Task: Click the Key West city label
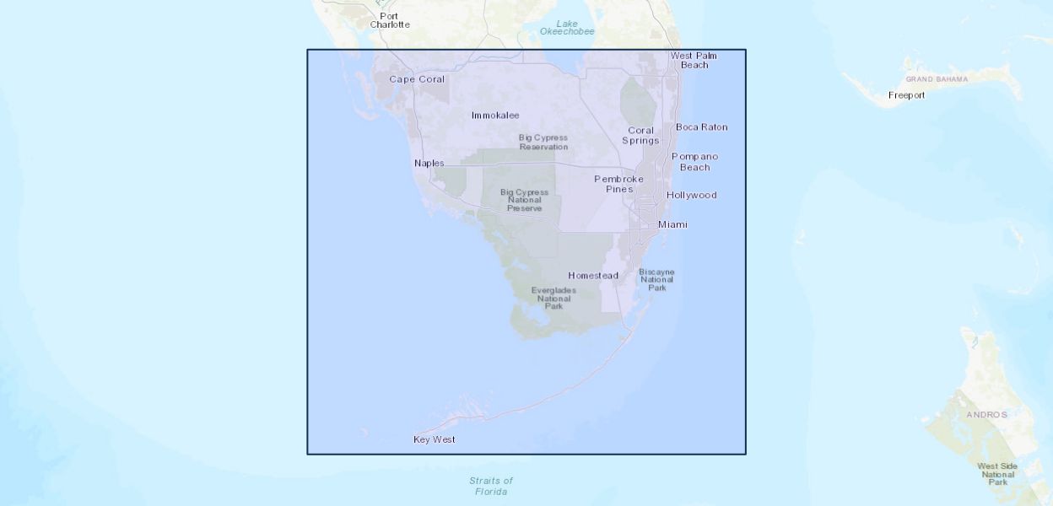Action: [x=435, y=439]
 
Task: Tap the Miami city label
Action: [x=672, y=224]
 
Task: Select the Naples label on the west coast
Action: [x=429, y=163]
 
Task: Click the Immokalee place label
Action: [x=495, y=115]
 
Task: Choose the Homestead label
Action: [x=592, y=276]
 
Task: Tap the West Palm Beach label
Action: [x=694, y=60]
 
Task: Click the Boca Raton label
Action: [x=701, y=127]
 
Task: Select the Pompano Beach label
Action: [x=694, y=161]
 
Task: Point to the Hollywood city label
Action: [x=691, y=195]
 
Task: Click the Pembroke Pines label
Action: [x=618, y=184]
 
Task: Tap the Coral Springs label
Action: [x=640, y=135]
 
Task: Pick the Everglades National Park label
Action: [x=553, y=298]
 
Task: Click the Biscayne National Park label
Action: [x=656, y=279]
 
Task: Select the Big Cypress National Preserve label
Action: [x=524, y=200]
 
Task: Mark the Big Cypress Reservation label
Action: [x=543, y=142]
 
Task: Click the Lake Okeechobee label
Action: [x=567, y=27]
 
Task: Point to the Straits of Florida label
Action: [x=491, y=486]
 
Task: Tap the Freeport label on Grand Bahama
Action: [x=906, y=95]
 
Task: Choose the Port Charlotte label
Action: [x=389, y=20]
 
